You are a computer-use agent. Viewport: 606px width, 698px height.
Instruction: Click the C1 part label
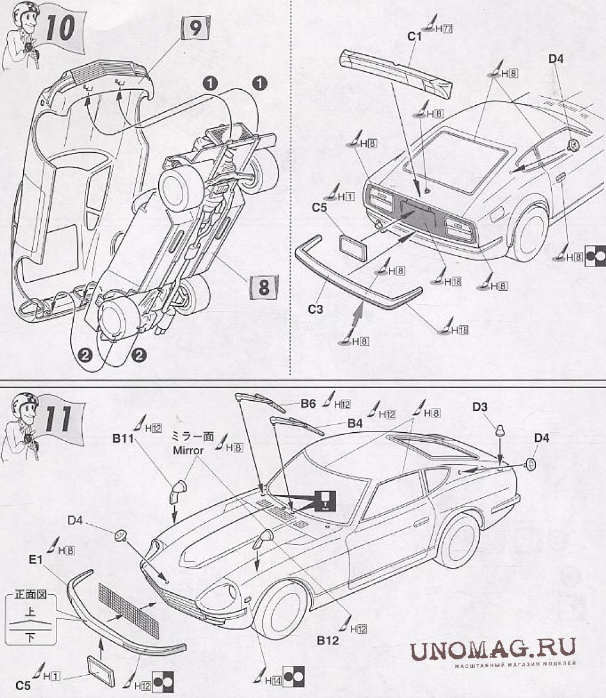point(414,37)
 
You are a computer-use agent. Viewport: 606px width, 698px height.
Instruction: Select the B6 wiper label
point(307,404)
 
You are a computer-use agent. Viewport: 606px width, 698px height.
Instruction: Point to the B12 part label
point(328,640)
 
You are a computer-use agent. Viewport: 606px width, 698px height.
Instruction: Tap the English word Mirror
point(188,450)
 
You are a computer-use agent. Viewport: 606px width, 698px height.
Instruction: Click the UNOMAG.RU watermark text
point(493,649)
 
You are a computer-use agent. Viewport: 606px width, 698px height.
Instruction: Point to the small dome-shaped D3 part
point(498,432)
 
